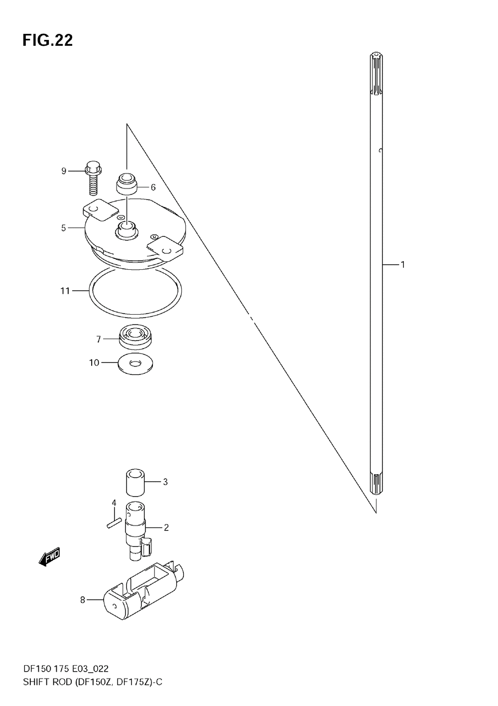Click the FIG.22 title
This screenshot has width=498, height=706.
pyautogui.click(x=47, y=40)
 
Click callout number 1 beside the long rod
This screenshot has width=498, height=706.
pyautogui.click(x=402, y=265)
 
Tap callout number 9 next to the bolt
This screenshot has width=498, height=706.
pyautogui.click(x=64, y=171)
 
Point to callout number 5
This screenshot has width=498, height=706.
pyautogui.click(x=64, y=228)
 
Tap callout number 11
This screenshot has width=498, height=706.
pyautogui.click(x=65, y=291)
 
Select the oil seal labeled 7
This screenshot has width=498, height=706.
pyautogui.click(x=135, y=336)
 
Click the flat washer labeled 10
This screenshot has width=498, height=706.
pyautogui.click(x=135, y=362)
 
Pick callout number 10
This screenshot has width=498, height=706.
pyautogui.click(x=94, y=362)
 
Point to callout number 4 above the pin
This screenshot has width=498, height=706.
pyautogui.click(x=114, y=503)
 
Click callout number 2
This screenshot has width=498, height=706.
pyautogui.click(x=166, y=528)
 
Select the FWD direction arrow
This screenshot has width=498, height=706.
pyautogui.click(x=50, y=557)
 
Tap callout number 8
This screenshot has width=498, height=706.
pyautogui.click(x=83, y=600)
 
